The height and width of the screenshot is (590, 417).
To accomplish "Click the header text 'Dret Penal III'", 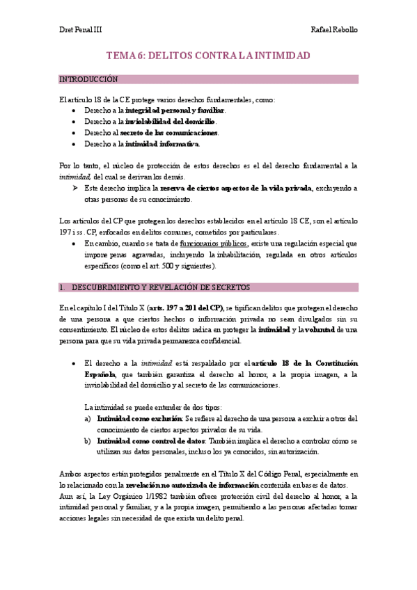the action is pyautogui.click(x=80, y=31).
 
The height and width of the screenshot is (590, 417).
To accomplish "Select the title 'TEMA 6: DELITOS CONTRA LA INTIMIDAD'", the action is pyautogui.click(x=208, y=55).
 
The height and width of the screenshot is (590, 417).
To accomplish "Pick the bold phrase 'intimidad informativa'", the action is pyautogui.click(x=162, y=144).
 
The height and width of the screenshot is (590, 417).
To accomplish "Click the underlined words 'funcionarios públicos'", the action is pyautogui.click(x=214, y=244).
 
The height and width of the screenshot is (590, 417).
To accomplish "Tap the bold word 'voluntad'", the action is pyautogui.click(x=317, y=329).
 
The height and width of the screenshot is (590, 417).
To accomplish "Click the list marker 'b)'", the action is pyautogui.click(x=87, y=441).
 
